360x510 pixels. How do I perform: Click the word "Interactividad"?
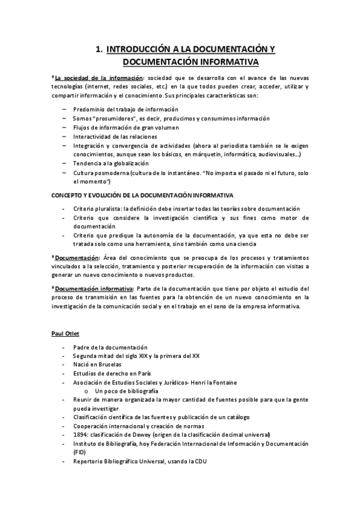(94, 137)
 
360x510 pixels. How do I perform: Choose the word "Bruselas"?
(110, 364)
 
